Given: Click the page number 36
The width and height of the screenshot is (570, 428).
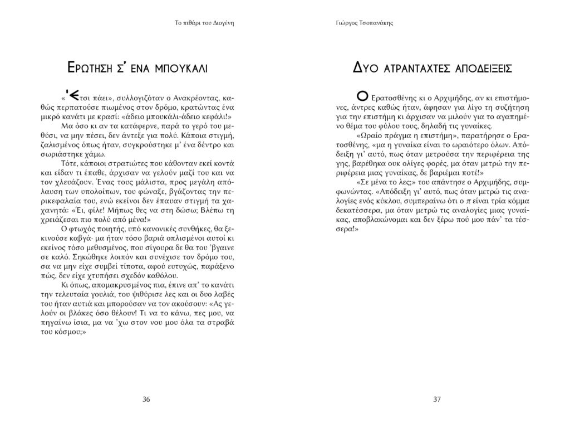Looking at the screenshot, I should [146, 398].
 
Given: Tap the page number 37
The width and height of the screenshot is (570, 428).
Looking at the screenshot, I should [436, 398].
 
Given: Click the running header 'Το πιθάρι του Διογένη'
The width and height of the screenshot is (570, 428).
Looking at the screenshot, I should [203, 23].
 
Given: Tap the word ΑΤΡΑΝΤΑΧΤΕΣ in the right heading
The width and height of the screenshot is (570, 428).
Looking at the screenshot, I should [418, 69].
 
